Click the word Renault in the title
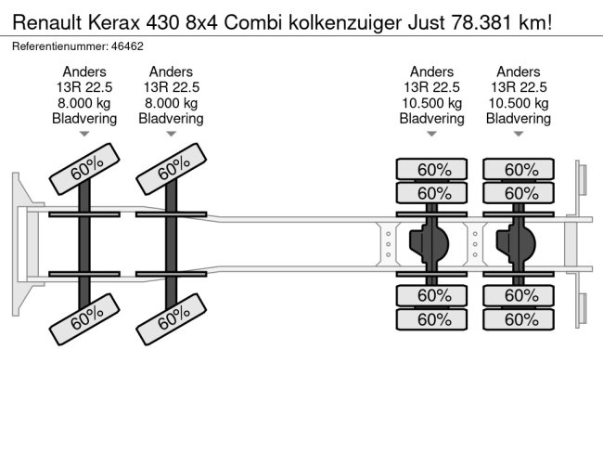coord(47,22)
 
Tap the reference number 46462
coord(127,46)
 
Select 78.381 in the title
coord(481,22)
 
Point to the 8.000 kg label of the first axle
coord(84,103)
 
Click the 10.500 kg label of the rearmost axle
coord(519,103)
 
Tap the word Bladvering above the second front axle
coord(171,119)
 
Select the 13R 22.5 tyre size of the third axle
coord(431,87)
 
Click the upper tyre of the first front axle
coord(84,169)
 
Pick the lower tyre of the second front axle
coord(172,319)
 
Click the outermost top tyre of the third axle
coord(431,169)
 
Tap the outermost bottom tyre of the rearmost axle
coord(519,319)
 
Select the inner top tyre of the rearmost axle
coord(519,193)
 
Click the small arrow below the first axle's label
coord(84,134)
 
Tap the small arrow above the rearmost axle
coord(519,134)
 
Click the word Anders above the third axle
coord(431,71)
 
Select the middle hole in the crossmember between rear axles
coord(475,244)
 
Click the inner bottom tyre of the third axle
coord(431,295)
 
